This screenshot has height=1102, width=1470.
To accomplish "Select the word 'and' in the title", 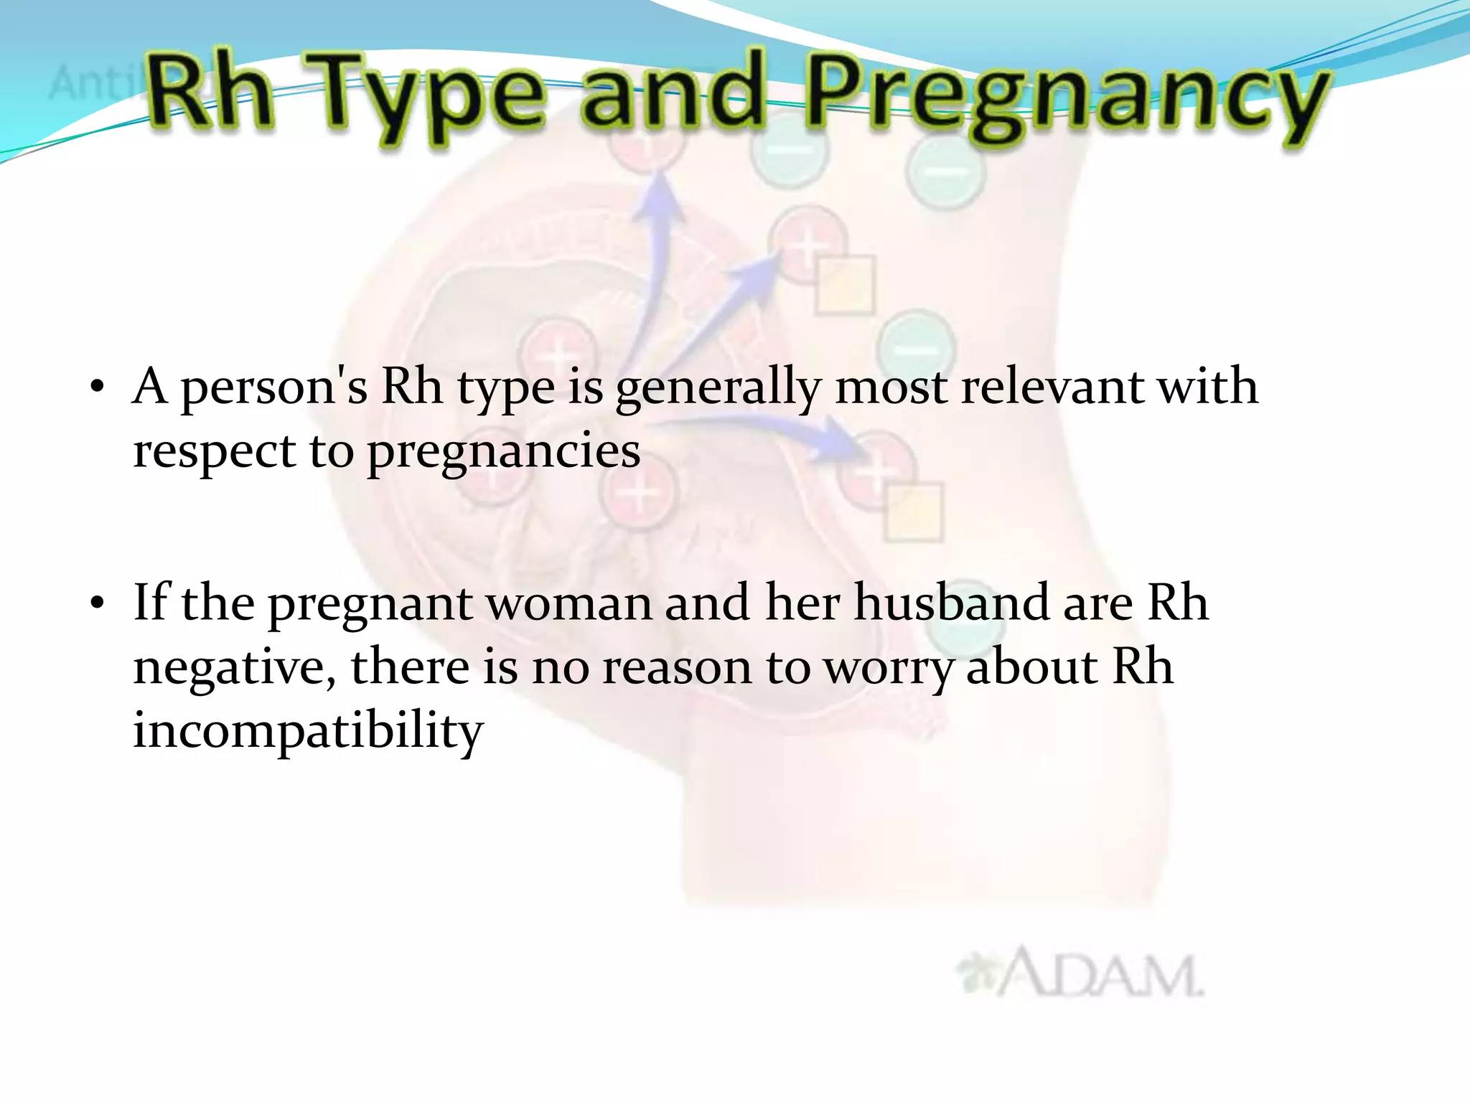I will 671,93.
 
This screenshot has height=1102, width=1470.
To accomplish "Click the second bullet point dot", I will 98,605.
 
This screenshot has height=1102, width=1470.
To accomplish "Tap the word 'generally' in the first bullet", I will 718,389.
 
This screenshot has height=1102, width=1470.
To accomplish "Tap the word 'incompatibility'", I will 309,732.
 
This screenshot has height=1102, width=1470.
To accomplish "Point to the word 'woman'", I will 570,604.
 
